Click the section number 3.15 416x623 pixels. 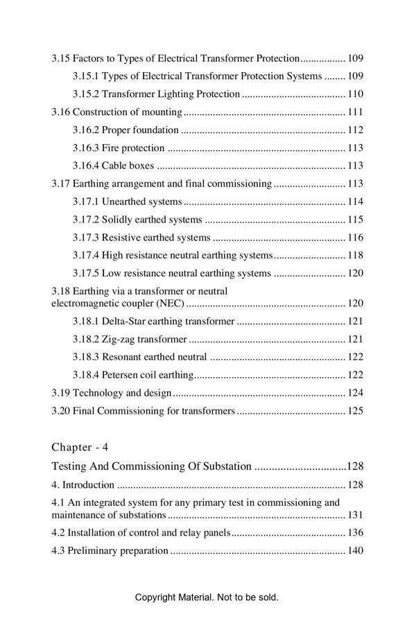(60, 58)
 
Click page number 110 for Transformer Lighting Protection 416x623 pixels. (355, 94)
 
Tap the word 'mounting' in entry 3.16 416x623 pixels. (162, 112)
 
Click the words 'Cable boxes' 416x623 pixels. (128, 166)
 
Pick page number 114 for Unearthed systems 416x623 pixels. (355, 202)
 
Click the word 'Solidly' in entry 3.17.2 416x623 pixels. (119, 220)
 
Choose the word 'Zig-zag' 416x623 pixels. (118, 340)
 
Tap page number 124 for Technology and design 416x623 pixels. (355, 394)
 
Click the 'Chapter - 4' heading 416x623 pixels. (80, 447)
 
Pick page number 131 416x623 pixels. (355, 516)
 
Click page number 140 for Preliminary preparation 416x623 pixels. (355, 552)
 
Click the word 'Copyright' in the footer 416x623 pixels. (156, 597)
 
